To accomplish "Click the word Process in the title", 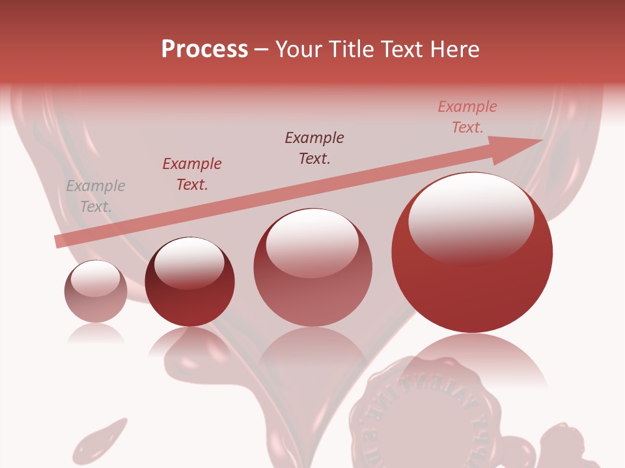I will tap(204, 49).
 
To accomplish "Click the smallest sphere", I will tap(96, 292).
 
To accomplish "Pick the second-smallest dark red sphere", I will tap(189, 282).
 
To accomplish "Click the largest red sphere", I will tap(472, 253).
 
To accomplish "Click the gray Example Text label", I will tap(96, 196).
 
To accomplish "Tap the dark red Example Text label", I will tap(192, 174).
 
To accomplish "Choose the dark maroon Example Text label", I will tap(314, 148).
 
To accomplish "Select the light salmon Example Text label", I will tap(467, 117).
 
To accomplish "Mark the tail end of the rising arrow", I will tap(60, 241).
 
